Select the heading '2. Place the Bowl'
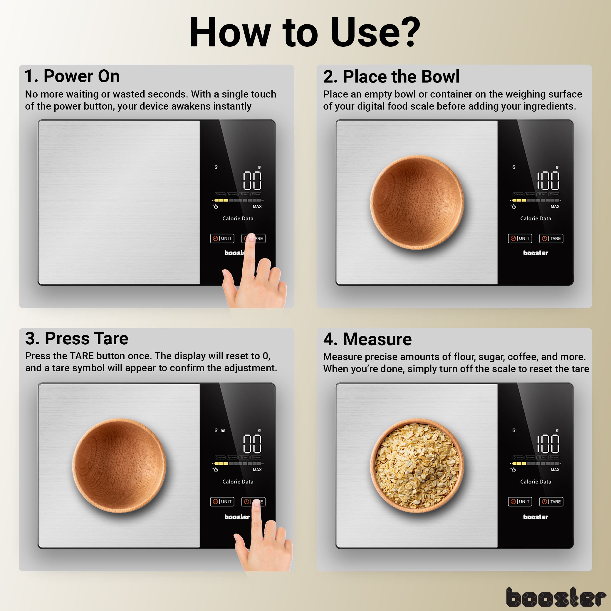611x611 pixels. [391, 77]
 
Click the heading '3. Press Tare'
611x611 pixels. [77, 338]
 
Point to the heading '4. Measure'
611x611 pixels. [367, 339]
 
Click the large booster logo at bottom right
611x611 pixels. [555, 597]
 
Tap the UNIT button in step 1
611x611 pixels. [222, 238]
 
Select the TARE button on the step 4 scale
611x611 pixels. [551, 501]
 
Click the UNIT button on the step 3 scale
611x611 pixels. [222, 501]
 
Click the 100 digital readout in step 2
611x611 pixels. [548, 181]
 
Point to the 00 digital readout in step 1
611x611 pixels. [252, 181]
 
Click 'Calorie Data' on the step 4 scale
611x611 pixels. [536, 482]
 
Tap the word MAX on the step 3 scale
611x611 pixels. [257, 470]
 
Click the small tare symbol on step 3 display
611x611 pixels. [223, 430]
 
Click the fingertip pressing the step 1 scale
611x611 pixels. [251, 238]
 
